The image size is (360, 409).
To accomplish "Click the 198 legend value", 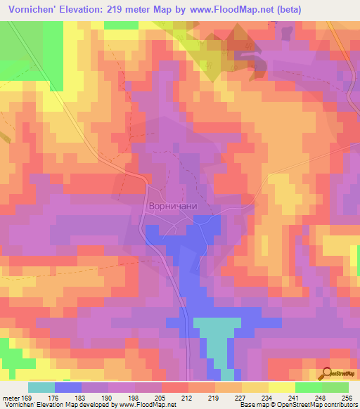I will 139,397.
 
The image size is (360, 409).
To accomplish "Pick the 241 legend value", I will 295,397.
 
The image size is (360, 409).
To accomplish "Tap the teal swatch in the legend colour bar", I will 41,387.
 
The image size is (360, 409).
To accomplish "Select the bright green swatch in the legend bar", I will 308,387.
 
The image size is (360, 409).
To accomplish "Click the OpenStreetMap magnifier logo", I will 327,375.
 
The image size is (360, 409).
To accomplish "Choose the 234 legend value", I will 268,397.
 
